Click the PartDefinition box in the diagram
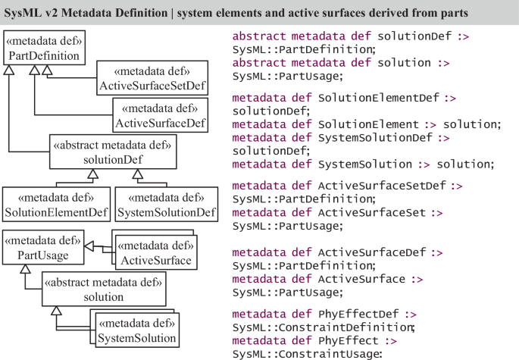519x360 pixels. (x=42, y=47)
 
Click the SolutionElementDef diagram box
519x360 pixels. (x=54, y=204)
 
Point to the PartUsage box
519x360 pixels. (x=42, y=248)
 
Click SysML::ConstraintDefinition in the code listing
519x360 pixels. (x=323, y=327)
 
